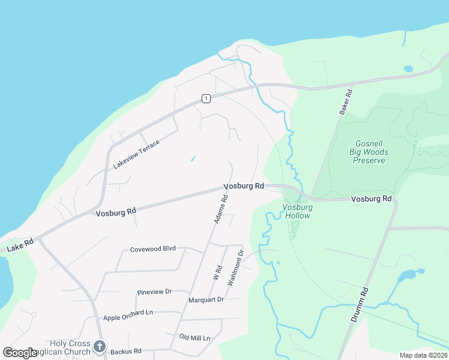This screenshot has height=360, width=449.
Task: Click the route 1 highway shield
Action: click(206, 98)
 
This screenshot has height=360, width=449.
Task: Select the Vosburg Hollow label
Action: click(297, 211)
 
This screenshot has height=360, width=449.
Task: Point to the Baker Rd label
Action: click(345, 100)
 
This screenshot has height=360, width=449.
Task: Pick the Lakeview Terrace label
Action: click(137, 154)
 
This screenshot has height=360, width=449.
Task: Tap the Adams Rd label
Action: click(221, 209)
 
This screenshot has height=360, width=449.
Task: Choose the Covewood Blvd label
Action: click(152, 249)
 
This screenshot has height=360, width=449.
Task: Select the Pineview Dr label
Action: click(154, 292)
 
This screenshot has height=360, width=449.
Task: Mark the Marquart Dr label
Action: click(206, 299)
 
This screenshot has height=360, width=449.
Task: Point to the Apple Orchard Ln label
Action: click(128, 313)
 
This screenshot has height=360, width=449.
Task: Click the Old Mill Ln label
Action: click(194, 338)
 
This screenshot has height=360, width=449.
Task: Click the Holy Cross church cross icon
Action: click(100, 346)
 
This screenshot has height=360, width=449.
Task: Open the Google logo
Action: click(20, 353)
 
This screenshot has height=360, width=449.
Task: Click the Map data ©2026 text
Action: click(423, 355)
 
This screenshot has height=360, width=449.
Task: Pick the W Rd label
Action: click(217, 274)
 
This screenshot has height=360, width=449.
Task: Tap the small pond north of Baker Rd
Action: click(409, 69)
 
